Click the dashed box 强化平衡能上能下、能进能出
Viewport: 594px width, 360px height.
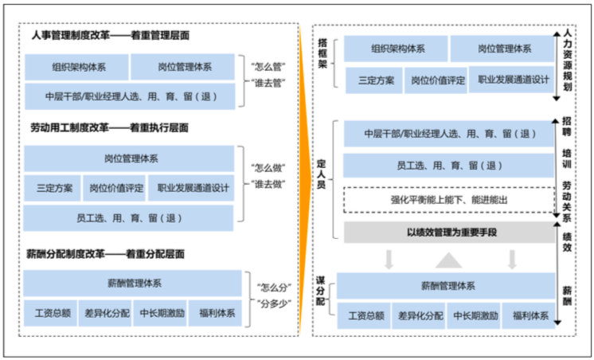[x=448, y=200]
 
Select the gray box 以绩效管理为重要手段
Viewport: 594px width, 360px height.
[x=448, y=233]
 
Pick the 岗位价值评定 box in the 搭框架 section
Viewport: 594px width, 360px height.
[x=437, y=80]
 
